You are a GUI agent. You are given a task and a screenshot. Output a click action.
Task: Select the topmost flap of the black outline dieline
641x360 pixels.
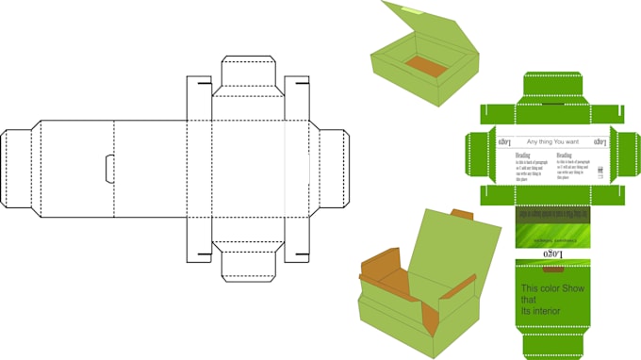click(x=247, y=74)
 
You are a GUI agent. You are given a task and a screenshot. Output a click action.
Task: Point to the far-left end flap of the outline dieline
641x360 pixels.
click(x=16, y=168)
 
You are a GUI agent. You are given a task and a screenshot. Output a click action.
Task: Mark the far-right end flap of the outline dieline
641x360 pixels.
click(x=332, y=168)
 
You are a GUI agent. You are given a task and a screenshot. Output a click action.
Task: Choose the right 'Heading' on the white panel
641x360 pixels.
click(x=564, y=155)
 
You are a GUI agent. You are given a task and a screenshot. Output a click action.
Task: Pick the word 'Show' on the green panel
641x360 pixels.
click(x=574, y=287)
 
